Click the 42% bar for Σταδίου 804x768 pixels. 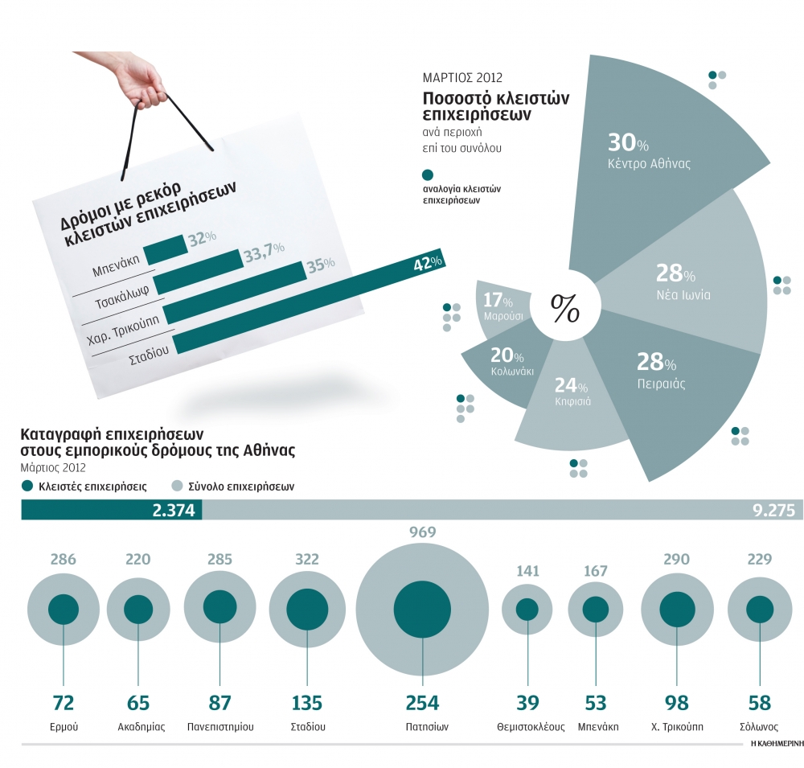point(306,305)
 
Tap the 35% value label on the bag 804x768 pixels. point(320,266)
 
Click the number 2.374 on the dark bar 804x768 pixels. point(173,511)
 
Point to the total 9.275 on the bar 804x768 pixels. point(768,511)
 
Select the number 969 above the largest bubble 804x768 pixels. point(422,532)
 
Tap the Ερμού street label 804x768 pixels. point(64,726)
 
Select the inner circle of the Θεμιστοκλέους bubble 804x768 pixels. point(527,610)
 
